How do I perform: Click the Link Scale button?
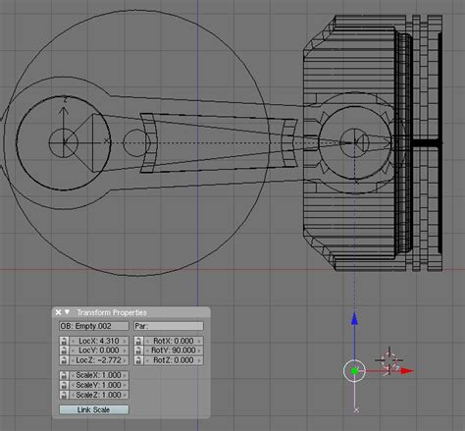pos(93,410)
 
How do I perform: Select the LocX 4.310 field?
pos(99,341)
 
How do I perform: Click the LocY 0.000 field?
pos(99,350)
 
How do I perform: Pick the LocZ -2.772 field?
pos(99,360)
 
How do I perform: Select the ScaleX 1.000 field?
pos(99,375)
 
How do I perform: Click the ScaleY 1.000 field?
pos(99,385)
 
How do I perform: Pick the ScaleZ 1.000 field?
pos(99,395)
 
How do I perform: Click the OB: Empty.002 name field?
pos(93,325)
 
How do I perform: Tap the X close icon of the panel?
pos(59,312)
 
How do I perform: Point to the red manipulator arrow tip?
pos(411,370)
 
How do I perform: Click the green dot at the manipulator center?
pos(354,370)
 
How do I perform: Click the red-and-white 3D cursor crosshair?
pos(388,360)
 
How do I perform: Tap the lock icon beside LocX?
pos(64,341)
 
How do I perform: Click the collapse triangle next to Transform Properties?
pos(68,312)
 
